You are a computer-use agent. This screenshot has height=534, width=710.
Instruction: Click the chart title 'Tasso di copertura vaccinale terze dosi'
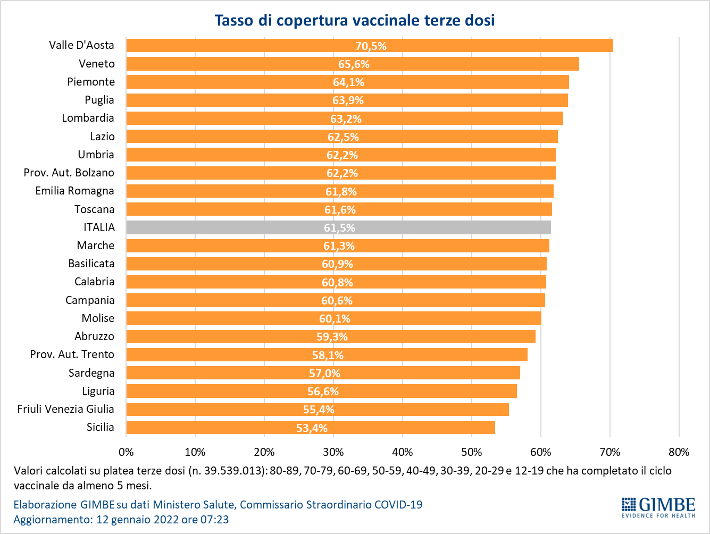(355, 20)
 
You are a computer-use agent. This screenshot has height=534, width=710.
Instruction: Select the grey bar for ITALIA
(338, 227)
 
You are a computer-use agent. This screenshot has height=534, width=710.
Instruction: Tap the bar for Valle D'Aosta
(370, 46)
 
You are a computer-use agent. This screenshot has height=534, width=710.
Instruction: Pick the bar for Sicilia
(311, 427)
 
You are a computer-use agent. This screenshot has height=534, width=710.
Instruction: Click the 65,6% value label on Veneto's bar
(354, 64)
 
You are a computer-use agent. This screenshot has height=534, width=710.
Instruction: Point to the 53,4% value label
(312, 428)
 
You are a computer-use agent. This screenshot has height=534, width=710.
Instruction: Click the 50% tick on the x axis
(472, 452)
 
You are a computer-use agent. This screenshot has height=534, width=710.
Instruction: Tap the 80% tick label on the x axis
(679, 452)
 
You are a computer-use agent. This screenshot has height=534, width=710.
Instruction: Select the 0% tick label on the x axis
(126, 452)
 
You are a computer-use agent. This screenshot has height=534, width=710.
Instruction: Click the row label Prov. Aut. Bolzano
(69, 173)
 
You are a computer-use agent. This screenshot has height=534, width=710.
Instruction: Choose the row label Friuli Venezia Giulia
(65, 409)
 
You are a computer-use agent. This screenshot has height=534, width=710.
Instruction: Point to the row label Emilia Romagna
(74, 191)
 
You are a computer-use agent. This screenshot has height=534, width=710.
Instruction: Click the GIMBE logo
(658, 507)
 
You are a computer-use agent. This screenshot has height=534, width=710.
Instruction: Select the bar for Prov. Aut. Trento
(327, 355)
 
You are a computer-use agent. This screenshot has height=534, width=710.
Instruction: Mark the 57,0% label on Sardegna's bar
(324, 374)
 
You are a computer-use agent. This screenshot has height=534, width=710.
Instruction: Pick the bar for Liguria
(322, 391)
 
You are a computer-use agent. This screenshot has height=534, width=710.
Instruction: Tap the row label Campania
(90, 300)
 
